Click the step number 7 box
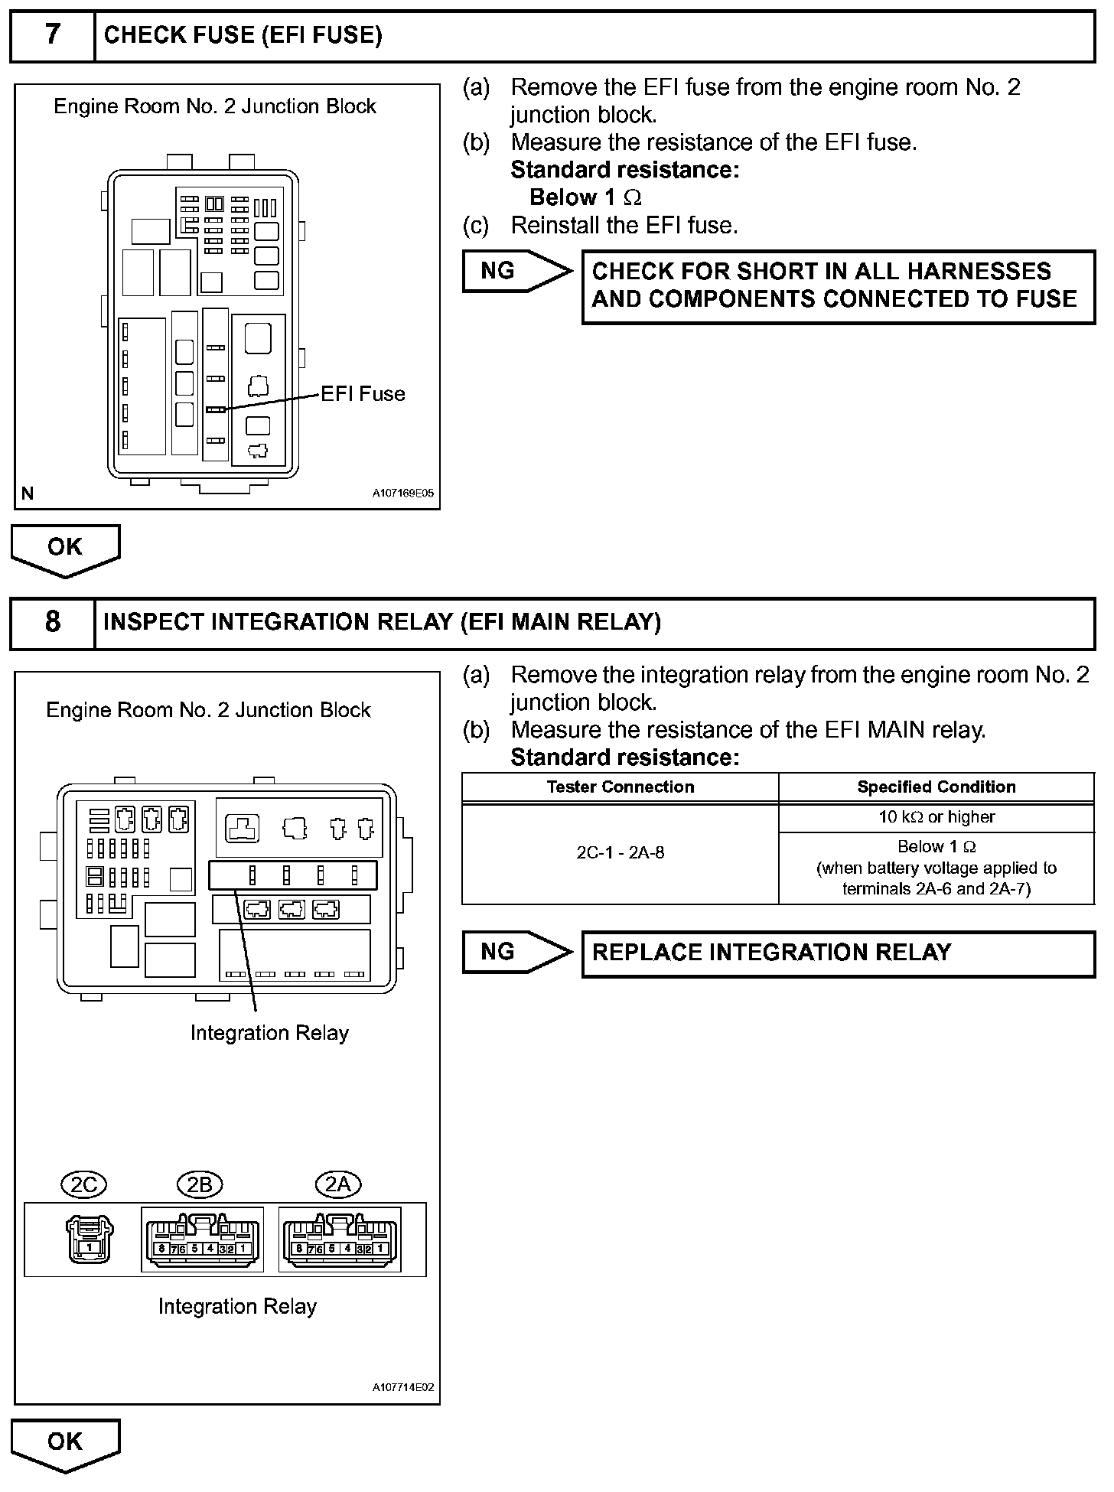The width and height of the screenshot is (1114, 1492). click(52, 35)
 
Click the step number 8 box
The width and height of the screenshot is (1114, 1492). click(52, 621)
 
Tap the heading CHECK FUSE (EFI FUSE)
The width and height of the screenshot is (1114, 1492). click(243, 35)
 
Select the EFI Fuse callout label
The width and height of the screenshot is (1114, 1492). click(363, 394)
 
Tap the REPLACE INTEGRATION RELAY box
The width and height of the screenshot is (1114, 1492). click(838, 953)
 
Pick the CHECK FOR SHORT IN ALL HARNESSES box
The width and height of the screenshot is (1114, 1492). click(838, 286)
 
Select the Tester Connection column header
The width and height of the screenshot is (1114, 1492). click(620, 787)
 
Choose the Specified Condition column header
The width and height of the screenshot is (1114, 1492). click(936, 787)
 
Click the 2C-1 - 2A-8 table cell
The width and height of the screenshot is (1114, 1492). click(620, 853)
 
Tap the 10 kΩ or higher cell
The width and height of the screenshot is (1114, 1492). click(936, 817)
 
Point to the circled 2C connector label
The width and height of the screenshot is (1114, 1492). click(83, 1185)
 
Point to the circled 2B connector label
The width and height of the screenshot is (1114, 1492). click(199, 1185)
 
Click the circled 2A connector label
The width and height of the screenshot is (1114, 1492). click(337, 1185)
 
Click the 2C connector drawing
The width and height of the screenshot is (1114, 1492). click(89, 1239)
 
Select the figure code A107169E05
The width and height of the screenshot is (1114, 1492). click(402, 494)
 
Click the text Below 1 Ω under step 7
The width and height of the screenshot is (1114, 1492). click(585, 197)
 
